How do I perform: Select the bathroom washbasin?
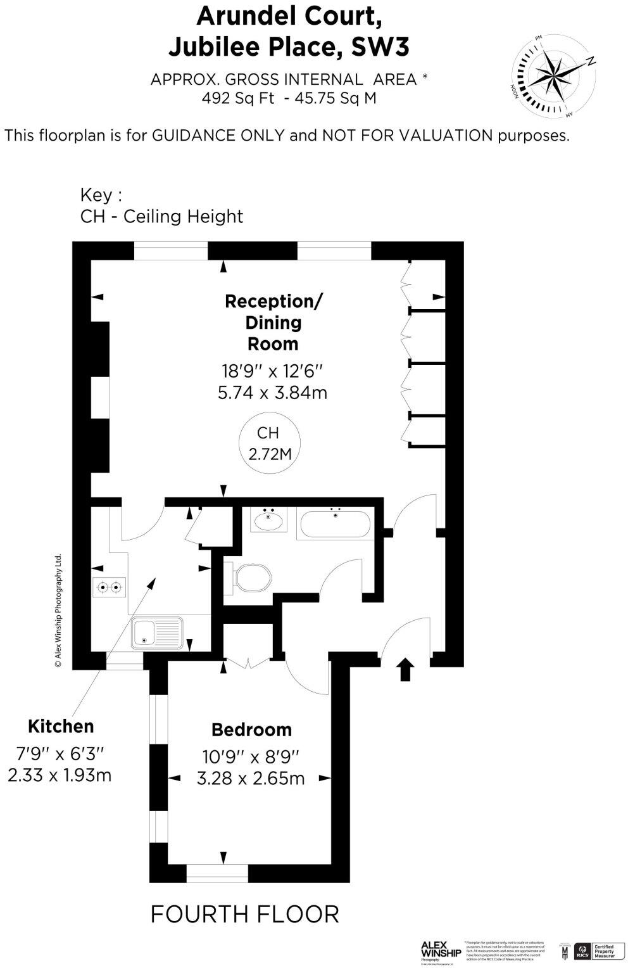pyautogui.click(x=268, y=521)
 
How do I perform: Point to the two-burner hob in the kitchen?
pyautogui.click(x=108, y=587)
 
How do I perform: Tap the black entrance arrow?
pyautogui.click(x=405, y=668)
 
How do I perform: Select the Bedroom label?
pyautogui.click(x=251, y=729)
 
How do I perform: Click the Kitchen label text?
pyautogui.click(x=61, y=726)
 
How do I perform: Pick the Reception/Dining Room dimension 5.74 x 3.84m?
pyautogui.click(x=272, y=393)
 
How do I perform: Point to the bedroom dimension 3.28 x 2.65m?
pyautogui.click(x=251, y=778)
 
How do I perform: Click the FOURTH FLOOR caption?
pyautogui.click(x=244, y=914)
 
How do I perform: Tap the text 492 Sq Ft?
pyautogui.click(x=238, y=99)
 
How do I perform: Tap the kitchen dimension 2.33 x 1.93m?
pyautogui.click(x=60, y=774)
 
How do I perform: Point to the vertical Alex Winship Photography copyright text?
pyautogui.click(x=58, y=611)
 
